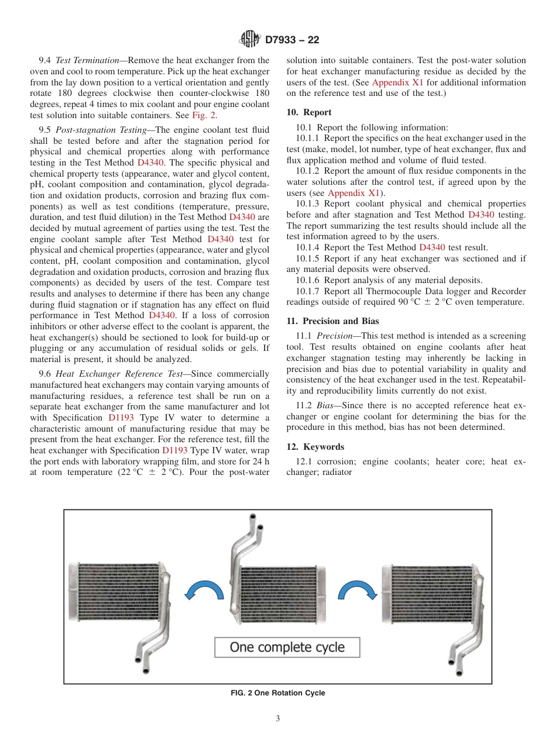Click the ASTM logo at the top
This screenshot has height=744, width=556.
[x=250, y=40]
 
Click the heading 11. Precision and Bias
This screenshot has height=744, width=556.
[x=332, y=321]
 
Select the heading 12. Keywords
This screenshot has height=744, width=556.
[x=315, y=447]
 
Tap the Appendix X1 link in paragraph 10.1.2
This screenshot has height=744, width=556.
[x=354, y=193]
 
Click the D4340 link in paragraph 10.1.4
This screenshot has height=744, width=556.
[x=432, y=247]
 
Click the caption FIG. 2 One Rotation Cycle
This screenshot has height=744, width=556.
[x=278, y=693]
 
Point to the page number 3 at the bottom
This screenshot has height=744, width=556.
[x=278, y=718]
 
